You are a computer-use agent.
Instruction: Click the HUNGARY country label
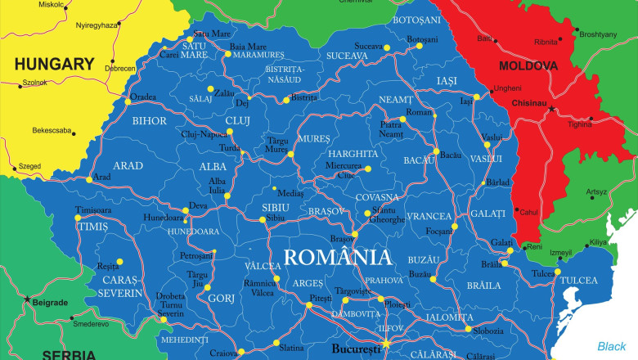click(54, 63)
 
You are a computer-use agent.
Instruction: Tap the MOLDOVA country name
click(528, 65)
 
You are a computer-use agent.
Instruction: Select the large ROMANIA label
click(337, 258)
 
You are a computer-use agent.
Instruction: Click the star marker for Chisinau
click(551, 109)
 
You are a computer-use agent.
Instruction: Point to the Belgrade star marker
click(29, 299)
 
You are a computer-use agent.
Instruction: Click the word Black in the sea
click(611, 346)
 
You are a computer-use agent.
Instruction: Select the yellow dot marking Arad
click(89, 179)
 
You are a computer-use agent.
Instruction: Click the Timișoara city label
click(92, 210)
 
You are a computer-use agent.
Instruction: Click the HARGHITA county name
click(353, 154)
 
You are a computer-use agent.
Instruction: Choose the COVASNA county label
click(377, 197)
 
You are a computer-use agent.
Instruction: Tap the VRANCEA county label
click(429, 216)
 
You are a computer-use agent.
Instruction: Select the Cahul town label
click(529, 212)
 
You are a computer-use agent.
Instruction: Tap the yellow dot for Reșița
click(119, 262)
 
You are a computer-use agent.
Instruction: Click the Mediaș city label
click(290, 194)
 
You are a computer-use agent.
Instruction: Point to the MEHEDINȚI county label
click(184, 339)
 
